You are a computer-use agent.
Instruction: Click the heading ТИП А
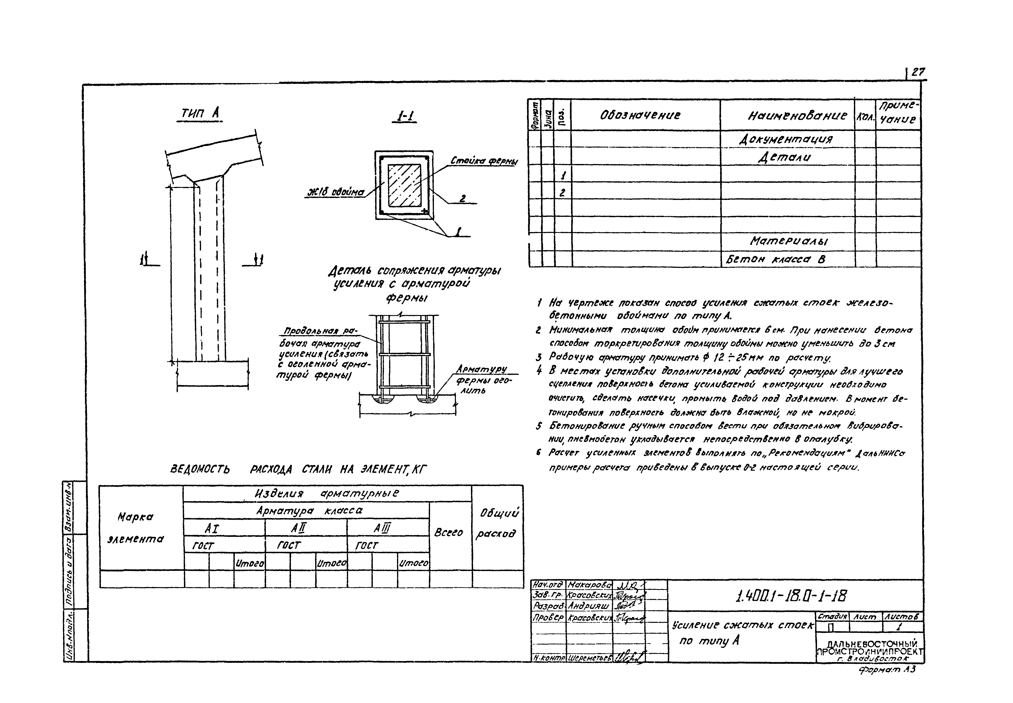200,114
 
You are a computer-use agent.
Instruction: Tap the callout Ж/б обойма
336,193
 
